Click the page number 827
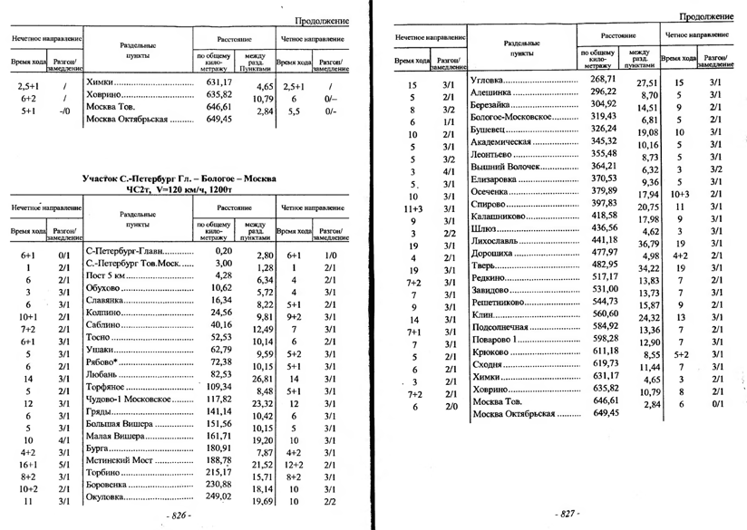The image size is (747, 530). pyautogui.click(x=568, y=514)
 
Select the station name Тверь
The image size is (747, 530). pyautogui.click(x=487, y=267)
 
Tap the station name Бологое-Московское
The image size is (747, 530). pyautogui.click(x=512, y=118)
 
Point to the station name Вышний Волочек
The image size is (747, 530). pyautogui.click(x=505, y=167)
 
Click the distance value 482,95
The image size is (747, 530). pyautogui.click(x=604, y=265)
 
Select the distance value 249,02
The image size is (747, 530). pyautogui.click(x=218, y=497)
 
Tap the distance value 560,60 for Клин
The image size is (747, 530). pyautogui.click(x=604, y=313)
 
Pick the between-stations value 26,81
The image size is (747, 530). pyautogui.click(x=263, y=380)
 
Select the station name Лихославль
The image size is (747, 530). pyautogui.click(x=500, y=242)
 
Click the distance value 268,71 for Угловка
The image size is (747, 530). pyautogui.click(x=604, y=80)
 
